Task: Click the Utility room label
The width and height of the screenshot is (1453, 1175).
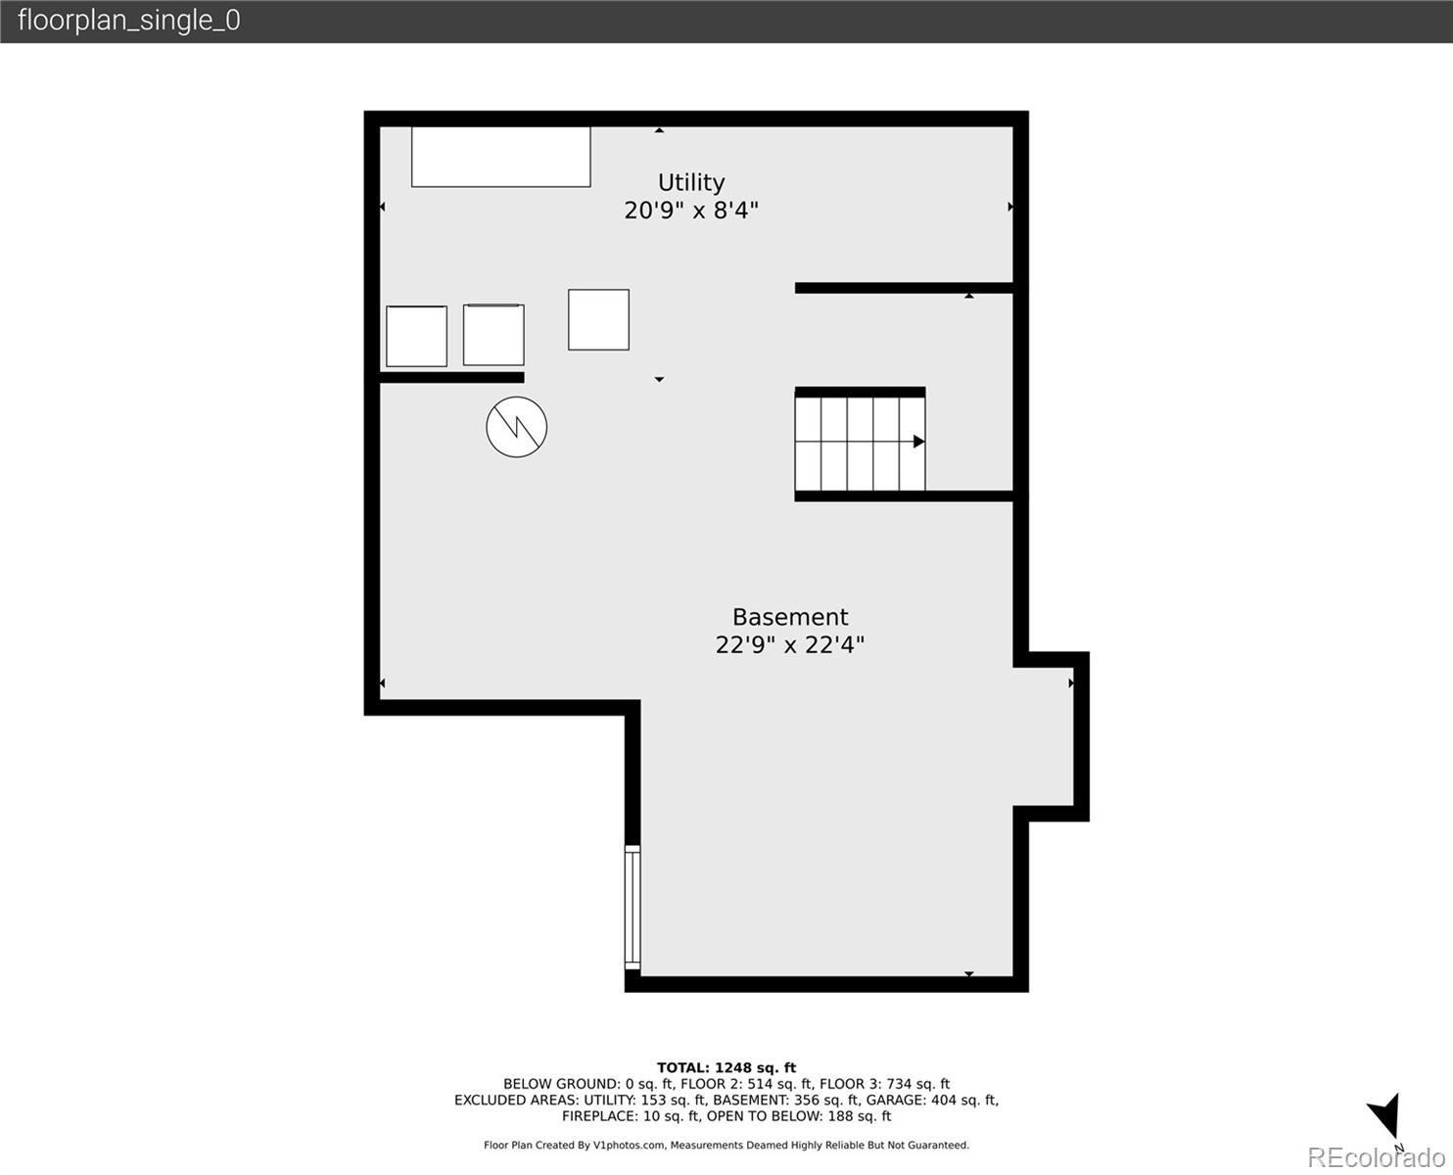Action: pos(691,182)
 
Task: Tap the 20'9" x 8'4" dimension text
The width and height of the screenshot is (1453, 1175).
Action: pos(691,210)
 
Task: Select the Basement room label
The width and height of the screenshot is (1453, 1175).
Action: pos(790,617)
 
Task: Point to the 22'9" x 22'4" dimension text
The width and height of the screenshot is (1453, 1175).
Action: pos(790,644)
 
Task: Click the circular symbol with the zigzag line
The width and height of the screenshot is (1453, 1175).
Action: pos(516,426)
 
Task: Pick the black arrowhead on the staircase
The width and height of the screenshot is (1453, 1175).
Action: pos(918,442)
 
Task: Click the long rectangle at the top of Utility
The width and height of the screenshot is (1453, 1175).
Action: pos(500,157)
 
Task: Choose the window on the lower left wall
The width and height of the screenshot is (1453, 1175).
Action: pos(633,908)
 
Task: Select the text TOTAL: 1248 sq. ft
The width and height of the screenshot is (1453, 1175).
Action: pos(726,1068)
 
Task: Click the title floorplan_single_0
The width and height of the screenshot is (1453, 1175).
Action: pos(128,21)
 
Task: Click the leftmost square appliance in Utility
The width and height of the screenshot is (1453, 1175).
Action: pos(416,336)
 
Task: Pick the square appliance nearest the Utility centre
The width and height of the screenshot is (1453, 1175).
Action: pos(598,319)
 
